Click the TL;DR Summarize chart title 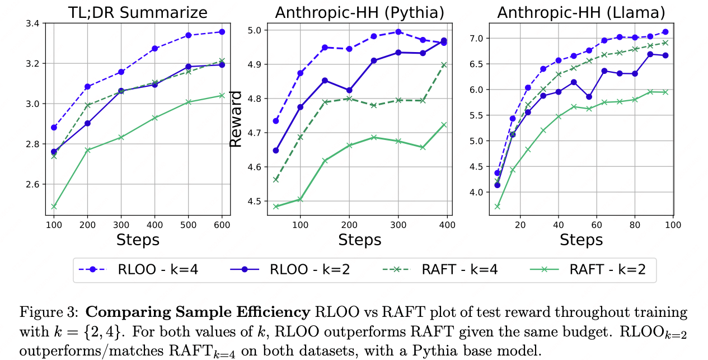(x=138, y=12)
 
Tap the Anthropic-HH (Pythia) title (x=359, y=12)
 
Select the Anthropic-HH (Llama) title (x=582, y=12)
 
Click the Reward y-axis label (x=237, y=119)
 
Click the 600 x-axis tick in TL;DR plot (x=222, y=224)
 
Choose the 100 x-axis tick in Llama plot (x=673, y=224)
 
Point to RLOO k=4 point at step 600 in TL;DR (x=222, y=32)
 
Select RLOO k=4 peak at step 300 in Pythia (x=398, y=32)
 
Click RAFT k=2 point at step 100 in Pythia (x=300, y=199)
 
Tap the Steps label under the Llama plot (x=582, y=240)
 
